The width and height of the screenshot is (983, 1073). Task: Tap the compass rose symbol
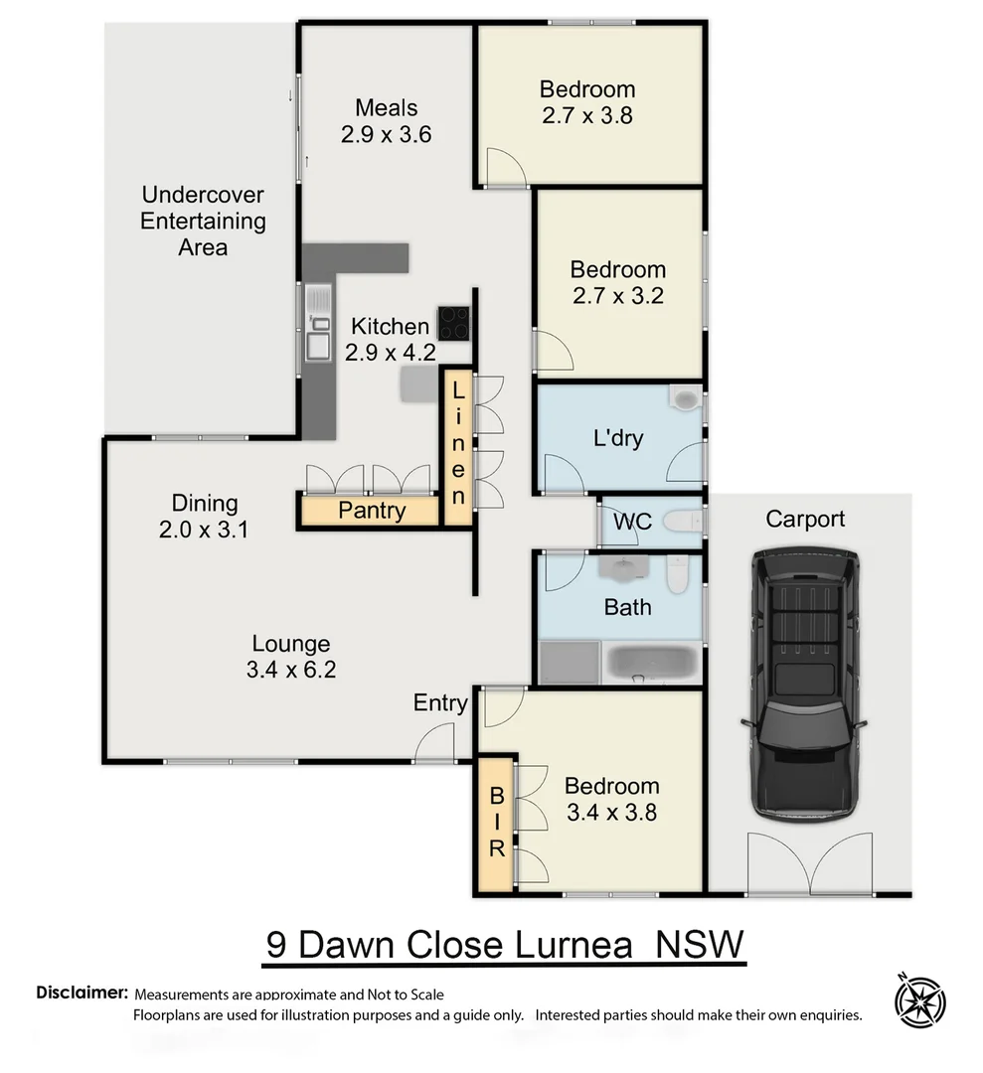point(919,1000)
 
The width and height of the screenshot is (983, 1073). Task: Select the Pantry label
point(372,511)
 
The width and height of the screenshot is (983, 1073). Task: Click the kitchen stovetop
point(453,322)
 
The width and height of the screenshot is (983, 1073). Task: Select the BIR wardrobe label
point(495,823)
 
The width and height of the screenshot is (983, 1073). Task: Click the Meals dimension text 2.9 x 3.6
point(386,135)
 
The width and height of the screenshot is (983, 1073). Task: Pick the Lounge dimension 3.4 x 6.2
point(290,671)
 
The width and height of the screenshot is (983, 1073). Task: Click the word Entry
point(440,703)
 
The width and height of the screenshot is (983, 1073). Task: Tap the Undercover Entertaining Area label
point(203,221)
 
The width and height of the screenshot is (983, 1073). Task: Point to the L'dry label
point(617,438)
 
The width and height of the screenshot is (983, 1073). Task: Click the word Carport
point(805,519)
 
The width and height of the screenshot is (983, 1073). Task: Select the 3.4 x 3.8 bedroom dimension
point(611,813)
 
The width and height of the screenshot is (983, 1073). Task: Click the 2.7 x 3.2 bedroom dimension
point(617,296)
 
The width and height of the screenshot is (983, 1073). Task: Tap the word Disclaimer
point(82,993)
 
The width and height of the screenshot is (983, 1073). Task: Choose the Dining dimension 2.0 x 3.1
point(204,530)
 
